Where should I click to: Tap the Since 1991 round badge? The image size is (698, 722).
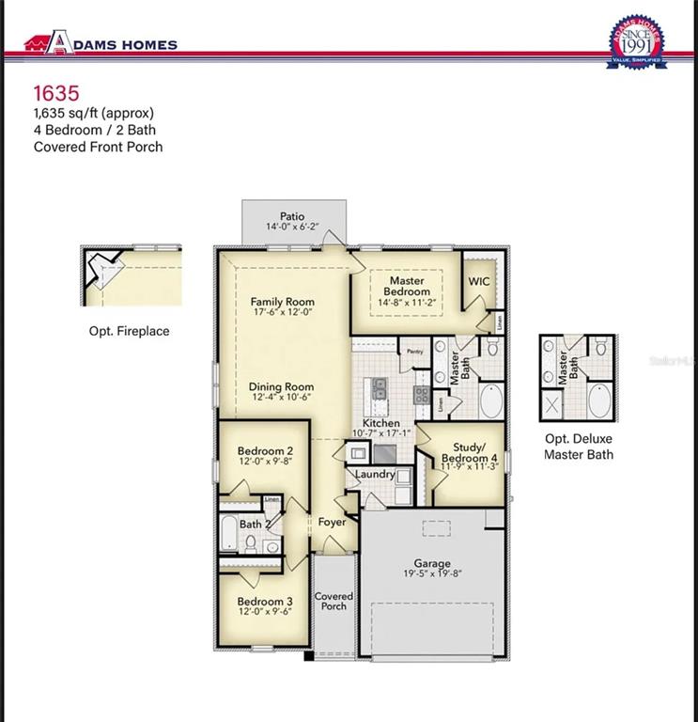(x=638, y=40)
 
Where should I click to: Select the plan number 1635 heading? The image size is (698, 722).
(x=56, y=92)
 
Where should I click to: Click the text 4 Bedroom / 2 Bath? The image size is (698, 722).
(x=96, y=130)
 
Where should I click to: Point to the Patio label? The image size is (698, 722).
(x=292, y=216)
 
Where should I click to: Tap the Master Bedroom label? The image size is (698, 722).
(x=407, y=286)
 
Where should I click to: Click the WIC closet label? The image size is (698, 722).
(x=479, y=281)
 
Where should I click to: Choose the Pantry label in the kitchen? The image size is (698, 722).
(x=415, y=352)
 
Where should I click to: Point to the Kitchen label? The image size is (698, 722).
(x=381, y=424)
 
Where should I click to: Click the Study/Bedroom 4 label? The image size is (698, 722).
(x=468, y=453)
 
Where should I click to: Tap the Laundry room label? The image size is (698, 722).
(x=376, y=475)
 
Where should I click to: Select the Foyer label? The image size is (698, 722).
(x=332, y=522)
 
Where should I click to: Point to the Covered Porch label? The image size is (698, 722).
(x=333, y=601)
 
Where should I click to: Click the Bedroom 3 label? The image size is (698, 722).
(x=265, y=602)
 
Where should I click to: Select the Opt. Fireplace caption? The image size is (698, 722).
(x=129, y=331)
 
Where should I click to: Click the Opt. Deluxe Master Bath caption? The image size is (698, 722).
(x=579, y=447)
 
